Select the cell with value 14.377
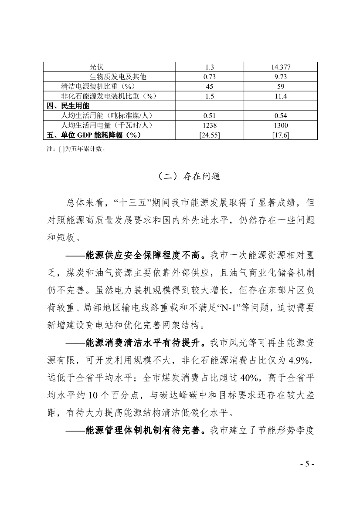point(281,67)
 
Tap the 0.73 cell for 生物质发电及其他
point(210,77)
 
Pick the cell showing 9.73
point(281,77)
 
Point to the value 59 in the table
point(281,86)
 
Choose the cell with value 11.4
point(281,96)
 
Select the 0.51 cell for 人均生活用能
point(210,115)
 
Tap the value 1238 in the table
point(210,125)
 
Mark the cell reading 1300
point(281,125)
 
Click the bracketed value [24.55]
point(210,135)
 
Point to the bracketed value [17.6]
point(281,135)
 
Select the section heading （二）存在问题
point(180,176)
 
